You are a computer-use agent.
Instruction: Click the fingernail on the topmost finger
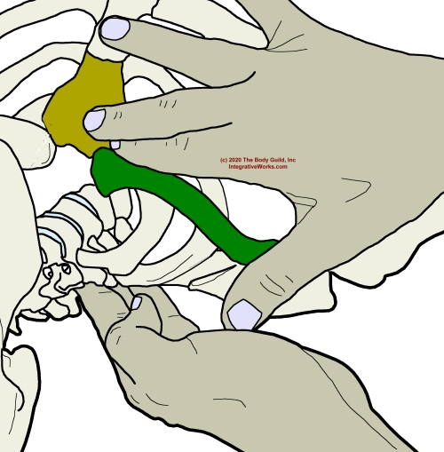pos(115,28)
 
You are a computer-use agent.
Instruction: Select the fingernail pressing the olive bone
pos(95,120)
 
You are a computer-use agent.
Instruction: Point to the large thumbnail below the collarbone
pos(244,314)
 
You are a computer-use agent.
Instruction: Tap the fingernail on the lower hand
pos(136,303)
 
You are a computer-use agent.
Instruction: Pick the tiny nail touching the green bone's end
pos(115,145)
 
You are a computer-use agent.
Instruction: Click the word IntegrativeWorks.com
pos(258,167)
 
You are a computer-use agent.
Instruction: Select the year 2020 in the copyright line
pos(235,160)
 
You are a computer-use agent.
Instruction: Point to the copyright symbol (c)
pos(224,160)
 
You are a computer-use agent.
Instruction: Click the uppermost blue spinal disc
pos(82,203)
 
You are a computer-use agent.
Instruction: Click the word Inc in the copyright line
pos(291,160)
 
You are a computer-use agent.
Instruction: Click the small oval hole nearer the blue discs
pos(66,268)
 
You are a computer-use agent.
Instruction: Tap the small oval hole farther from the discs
pos(49,273)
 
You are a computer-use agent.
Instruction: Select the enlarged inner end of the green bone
pos(104,170)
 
